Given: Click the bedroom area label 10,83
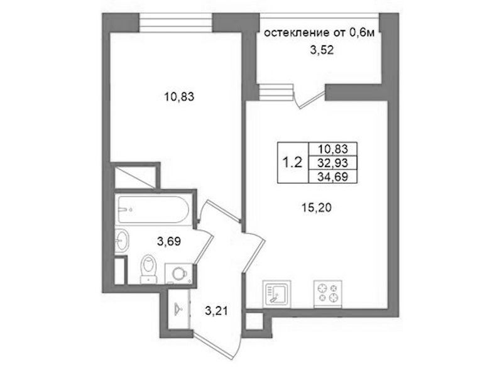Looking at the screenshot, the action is [x=179, y=96].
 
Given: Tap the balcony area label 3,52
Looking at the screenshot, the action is [x=322, y=50].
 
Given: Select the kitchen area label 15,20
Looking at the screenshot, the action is [x=316, y=208].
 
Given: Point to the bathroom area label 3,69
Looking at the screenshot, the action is [x=169, y=241].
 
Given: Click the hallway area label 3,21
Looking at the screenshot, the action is [x=216, y=310].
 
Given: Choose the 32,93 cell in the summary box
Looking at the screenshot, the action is [x=332, y=163].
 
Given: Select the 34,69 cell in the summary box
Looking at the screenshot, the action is [x=332, y=177].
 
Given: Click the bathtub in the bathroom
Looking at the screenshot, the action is [x=153, y=209].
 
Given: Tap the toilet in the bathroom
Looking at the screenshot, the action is [x=149, y=269].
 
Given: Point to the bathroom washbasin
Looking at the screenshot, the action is [x=122, y=241].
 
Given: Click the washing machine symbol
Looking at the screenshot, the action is [x=178, y=273].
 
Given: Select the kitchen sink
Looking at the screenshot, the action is [x=276, y=294].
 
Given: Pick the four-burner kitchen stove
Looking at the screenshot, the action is [x=328, y=294].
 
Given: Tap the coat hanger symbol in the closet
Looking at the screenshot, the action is [x=179, y=309].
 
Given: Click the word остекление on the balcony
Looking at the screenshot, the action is [x=296, y=33].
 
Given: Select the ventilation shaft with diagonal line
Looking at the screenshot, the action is [x=135, y=177].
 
